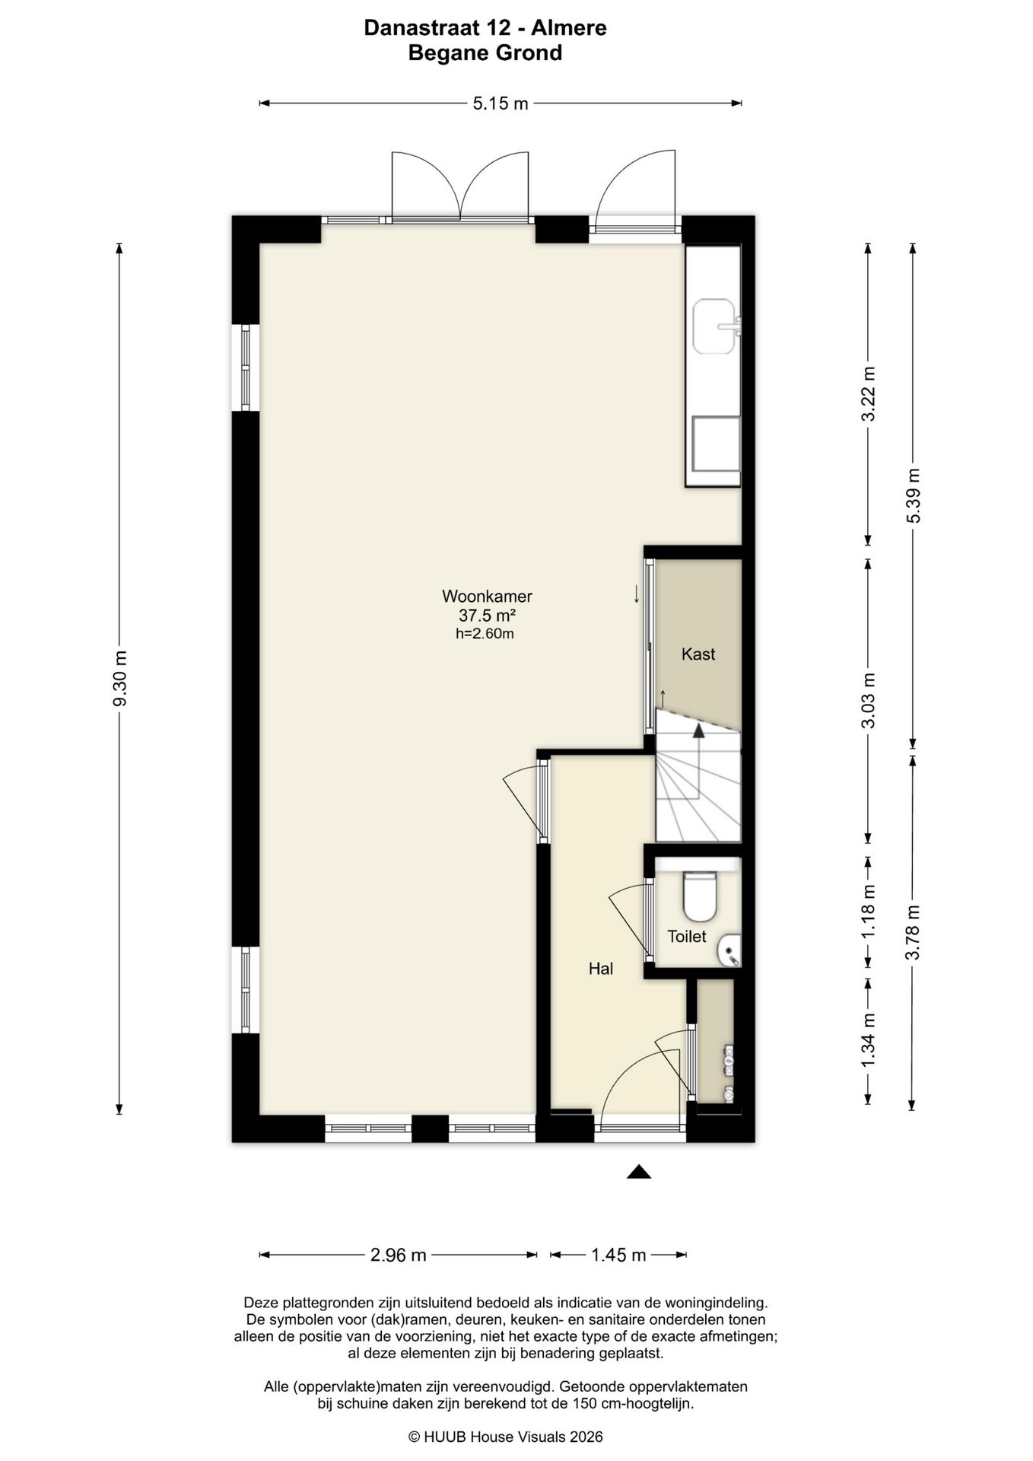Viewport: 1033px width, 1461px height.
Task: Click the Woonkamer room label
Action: click(487, 596)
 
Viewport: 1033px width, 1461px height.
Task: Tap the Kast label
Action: click(698, 654)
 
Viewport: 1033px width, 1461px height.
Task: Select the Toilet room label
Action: click(687, 936)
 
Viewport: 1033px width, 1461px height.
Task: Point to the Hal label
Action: click(601, 968)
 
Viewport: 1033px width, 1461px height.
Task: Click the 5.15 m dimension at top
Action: click(501, 103)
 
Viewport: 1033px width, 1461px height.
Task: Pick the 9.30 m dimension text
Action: click(119, 678)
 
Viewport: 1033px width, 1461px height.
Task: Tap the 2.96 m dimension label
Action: click(399, 1255)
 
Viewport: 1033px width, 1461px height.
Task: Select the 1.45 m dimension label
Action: click(619, 1255)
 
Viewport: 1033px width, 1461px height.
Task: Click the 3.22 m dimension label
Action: click(868, 393)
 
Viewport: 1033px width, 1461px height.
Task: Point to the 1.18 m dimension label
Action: click(868, 912)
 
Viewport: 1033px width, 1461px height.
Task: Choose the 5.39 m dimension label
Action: click(913, 495)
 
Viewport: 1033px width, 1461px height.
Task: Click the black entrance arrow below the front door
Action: click(639, 1172)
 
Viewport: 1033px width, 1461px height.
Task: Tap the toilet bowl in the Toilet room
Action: click(700, 896)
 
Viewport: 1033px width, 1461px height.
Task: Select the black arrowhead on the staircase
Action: click(698, 731)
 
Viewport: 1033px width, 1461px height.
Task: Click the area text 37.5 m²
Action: click(487, 615)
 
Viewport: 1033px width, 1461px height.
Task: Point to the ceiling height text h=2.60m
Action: click(485, 633)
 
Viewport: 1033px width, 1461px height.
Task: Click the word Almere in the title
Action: click(568, 28)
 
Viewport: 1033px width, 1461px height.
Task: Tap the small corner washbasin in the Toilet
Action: click(730, 950)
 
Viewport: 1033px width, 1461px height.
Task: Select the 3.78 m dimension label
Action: click(913, 931)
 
